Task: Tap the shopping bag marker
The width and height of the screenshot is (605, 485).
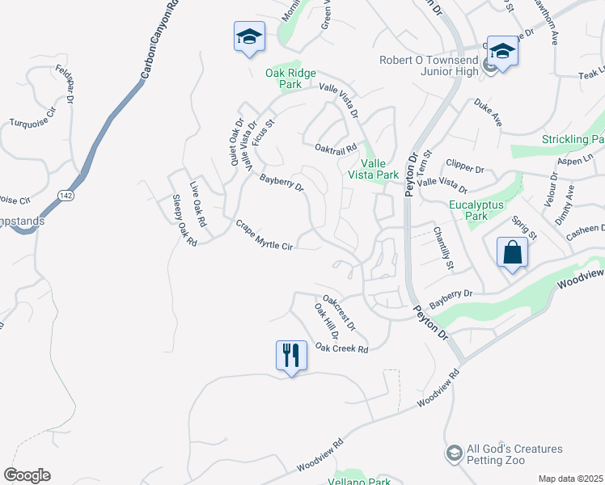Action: coord(513,253)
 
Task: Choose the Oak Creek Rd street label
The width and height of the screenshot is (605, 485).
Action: coord(341,348)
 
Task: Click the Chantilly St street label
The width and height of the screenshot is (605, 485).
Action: coord(443,248)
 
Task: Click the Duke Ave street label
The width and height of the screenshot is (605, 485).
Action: coord(489,112)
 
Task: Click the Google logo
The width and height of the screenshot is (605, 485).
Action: coord(27,475)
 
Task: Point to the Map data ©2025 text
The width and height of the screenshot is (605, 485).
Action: coord(570,479)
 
